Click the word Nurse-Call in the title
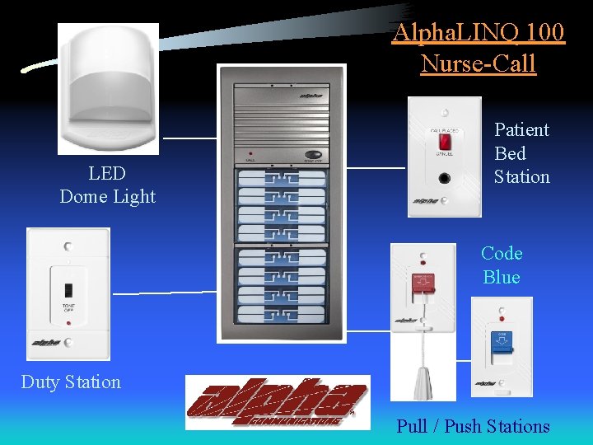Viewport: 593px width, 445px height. point(478,63)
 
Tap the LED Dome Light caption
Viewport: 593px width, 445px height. point(107,185)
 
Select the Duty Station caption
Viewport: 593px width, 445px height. point(71,382)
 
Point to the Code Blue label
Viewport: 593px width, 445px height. point(502,265)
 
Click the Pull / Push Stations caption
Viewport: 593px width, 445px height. point(473,426)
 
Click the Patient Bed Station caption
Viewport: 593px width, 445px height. point(521,153)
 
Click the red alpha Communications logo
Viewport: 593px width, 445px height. point(278,402)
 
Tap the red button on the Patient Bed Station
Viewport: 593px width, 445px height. point(444,141)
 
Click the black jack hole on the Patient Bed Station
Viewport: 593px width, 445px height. point(445,177)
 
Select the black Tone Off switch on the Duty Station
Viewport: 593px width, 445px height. point(69,293)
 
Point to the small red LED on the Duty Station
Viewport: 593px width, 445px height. point(68,323)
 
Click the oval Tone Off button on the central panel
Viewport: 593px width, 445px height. point(313,154)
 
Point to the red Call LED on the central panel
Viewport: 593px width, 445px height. point(250,154)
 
